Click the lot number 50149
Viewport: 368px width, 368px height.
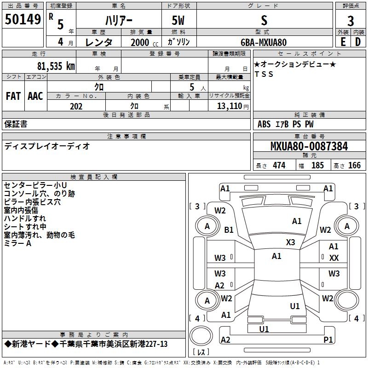tap(23, 19)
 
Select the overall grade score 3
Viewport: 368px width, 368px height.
tap(351, 21)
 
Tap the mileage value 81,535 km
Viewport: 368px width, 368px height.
tap(56, 66)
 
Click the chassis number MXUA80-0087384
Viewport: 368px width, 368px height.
tap(309, 146)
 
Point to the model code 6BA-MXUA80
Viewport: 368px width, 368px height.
tap(264, 42)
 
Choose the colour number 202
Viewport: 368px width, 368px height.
tap(76, 106)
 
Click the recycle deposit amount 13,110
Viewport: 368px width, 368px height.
tap(229, 106)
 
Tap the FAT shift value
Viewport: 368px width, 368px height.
tap(13, 96)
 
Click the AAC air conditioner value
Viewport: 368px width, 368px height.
tap(35, 96)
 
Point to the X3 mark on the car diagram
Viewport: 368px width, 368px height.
tap(290, 242)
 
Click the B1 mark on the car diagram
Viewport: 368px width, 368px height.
tap(229, 230)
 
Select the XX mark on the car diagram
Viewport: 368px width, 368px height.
tap(334, 258)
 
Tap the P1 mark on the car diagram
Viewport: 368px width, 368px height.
tap(328, 339)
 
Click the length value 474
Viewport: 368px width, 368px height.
tap(279, 166)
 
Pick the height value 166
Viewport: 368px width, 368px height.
tap(354, 166)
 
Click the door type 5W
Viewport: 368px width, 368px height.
tap(178, 20)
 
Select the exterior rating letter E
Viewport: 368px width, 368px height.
tap(343, 42)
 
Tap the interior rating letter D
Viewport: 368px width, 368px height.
tap(358, 42)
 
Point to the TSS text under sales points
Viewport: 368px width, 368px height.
tap(264, 74)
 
